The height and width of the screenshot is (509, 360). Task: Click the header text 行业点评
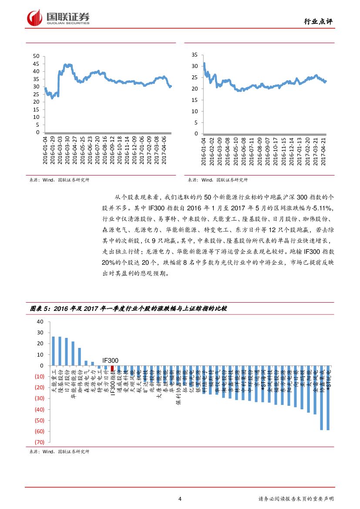(318, 22)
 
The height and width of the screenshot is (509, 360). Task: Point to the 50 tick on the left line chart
(36, 56)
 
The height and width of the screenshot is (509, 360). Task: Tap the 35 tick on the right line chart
(195, 55)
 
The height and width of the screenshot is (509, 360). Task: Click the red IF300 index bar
(113, 368)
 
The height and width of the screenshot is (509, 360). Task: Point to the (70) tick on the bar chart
(39, 442)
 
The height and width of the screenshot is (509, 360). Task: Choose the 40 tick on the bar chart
(40, 322)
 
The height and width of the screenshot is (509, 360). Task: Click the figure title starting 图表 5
(128, 308)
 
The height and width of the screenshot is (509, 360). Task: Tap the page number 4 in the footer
(180, 499)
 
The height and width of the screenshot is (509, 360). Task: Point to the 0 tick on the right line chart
(196, 133)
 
